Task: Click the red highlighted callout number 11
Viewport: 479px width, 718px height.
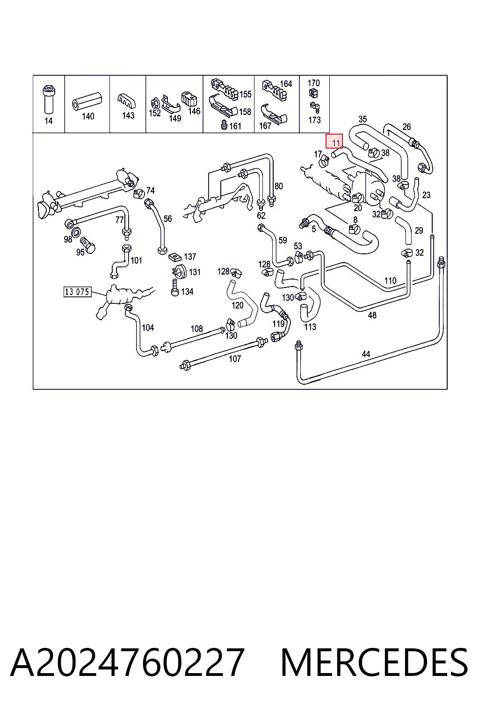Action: tap(334, 142)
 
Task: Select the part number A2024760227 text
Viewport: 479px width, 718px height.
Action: tap(127, 662)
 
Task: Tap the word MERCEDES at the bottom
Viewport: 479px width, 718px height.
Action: tap(374, 662)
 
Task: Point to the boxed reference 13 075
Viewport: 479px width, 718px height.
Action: tap(77, 291)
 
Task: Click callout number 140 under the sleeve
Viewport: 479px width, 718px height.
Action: tap(88, 116)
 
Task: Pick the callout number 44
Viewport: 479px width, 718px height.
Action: tap(366, 354)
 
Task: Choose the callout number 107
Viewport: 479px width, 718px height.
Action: tap(235, 359)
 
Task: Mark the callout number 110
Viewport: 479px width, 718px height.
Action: tap(390, 280)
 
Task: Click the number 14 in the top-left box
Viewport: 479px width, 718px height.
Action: tap(49, 121)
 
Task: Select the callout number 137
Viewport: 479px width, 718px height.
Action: tap(190, 257)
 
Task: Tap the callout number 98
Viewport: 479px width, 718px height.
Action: tap(68, 239)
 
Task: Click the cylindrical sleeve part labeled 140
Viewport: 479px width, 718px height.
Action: tap(87, 102)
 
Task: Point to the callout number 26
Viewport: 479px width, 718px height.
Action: tap(406, 127)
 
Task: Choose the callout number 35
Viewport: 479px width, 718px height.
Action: tap(362, 119)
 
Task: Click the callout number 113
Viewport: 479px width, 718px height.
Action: tap(310, 327)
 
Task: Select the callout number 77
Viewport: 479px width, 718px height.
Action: tap(119, 220)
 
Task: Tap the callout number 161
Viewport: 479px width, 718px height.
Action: tap(235, 126)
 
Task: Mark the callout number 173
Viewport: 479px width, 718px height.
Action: tap(314, 120)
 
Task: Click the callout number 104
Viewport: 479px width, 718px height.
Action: tap(148, 327)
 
